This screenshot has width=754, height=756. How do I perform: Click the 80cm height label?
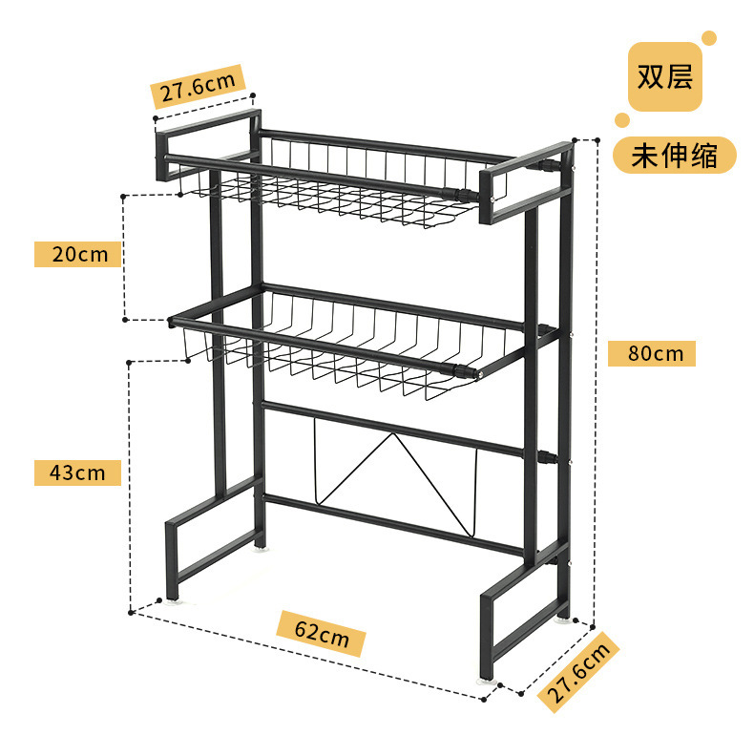(x=651, y=353)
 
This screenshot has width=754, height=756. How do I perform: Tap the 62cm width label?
(x=321, y=634)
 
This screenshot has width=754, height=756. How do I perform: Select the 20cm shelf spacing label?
(x=78, y=254)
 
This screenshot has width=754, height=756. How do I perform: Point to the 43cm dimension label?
(x=78, y=472)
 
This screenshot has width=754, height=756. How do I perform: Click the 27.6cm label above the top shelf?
(x=198, y=87)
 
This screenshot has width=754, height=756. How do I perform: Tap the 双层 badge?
(x=665, y=76)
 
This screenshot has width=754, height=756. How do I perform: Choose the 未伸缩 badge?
(x=675, y=156)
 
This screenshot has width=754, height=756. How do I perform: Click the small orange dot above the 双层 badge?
(x=709, y=38)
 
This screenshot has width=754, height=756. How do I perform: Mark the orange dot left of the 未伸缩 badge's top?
(x=622, y=121)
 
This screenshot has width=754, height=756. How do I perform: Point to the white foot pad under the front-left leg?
(x=173, y=600)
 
